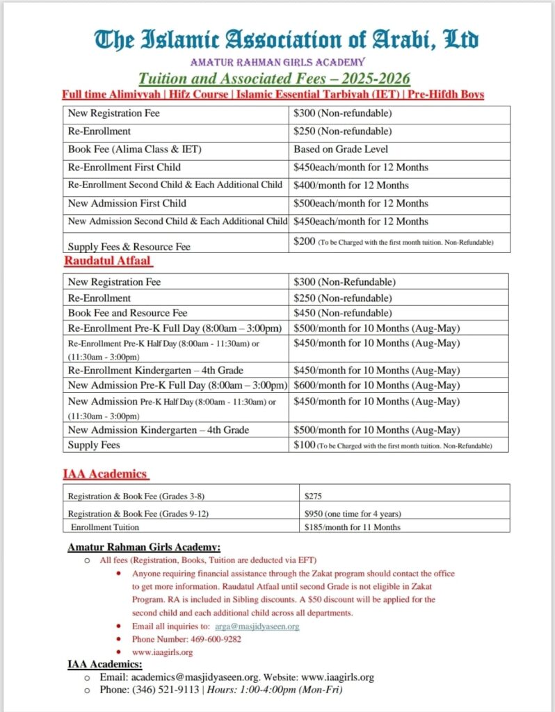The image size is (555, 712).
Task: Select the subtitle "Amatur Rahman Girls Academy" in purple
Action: pyautogui.click(x=277, y=63)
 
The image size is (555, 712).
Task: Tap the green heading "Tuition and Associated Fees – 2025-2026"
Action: pyautogui.click(x=274, y=78)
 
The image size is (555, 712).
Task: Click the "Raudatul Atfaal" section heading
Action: pyautogui.click(x=107, y=261)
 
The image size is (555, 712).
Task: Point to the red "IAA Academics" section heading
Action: pyautogui.click(x=105, y=474)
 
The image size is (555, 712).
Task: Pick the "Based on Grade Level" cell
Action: pyautogui.click(x=341, y=149)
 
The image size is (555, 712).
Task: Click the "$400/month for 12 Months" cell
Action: pyautogui.click(x=351, y=185)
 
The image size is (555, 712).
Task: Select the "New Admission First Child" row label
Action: pyautogui.click(x=127, y=204)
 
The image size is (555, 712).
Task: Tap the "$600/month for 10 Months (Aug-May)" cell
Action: pyautogui.click(x=376, y=385)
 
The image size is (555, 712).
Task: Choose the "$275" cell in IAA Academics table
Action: pyautogui.click(x=314, y=496)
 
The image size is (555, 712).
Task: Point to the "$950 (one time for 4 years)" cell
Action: pyautogui.click(x=353, y=513)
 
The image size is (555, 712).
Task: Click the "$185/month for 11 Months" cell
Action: pyautogui.click(x=353, y=527)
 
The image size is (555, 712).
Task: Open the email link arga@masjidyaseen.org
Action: pyautogui.click(x=257, y=626)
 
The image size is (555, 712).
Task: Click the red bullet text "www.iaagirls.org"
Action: pyautogui.click(x=162, y=652)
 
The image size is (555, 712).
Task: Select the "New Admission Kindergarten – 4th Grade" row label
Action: pyautogui.click(x=159, y=430)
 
